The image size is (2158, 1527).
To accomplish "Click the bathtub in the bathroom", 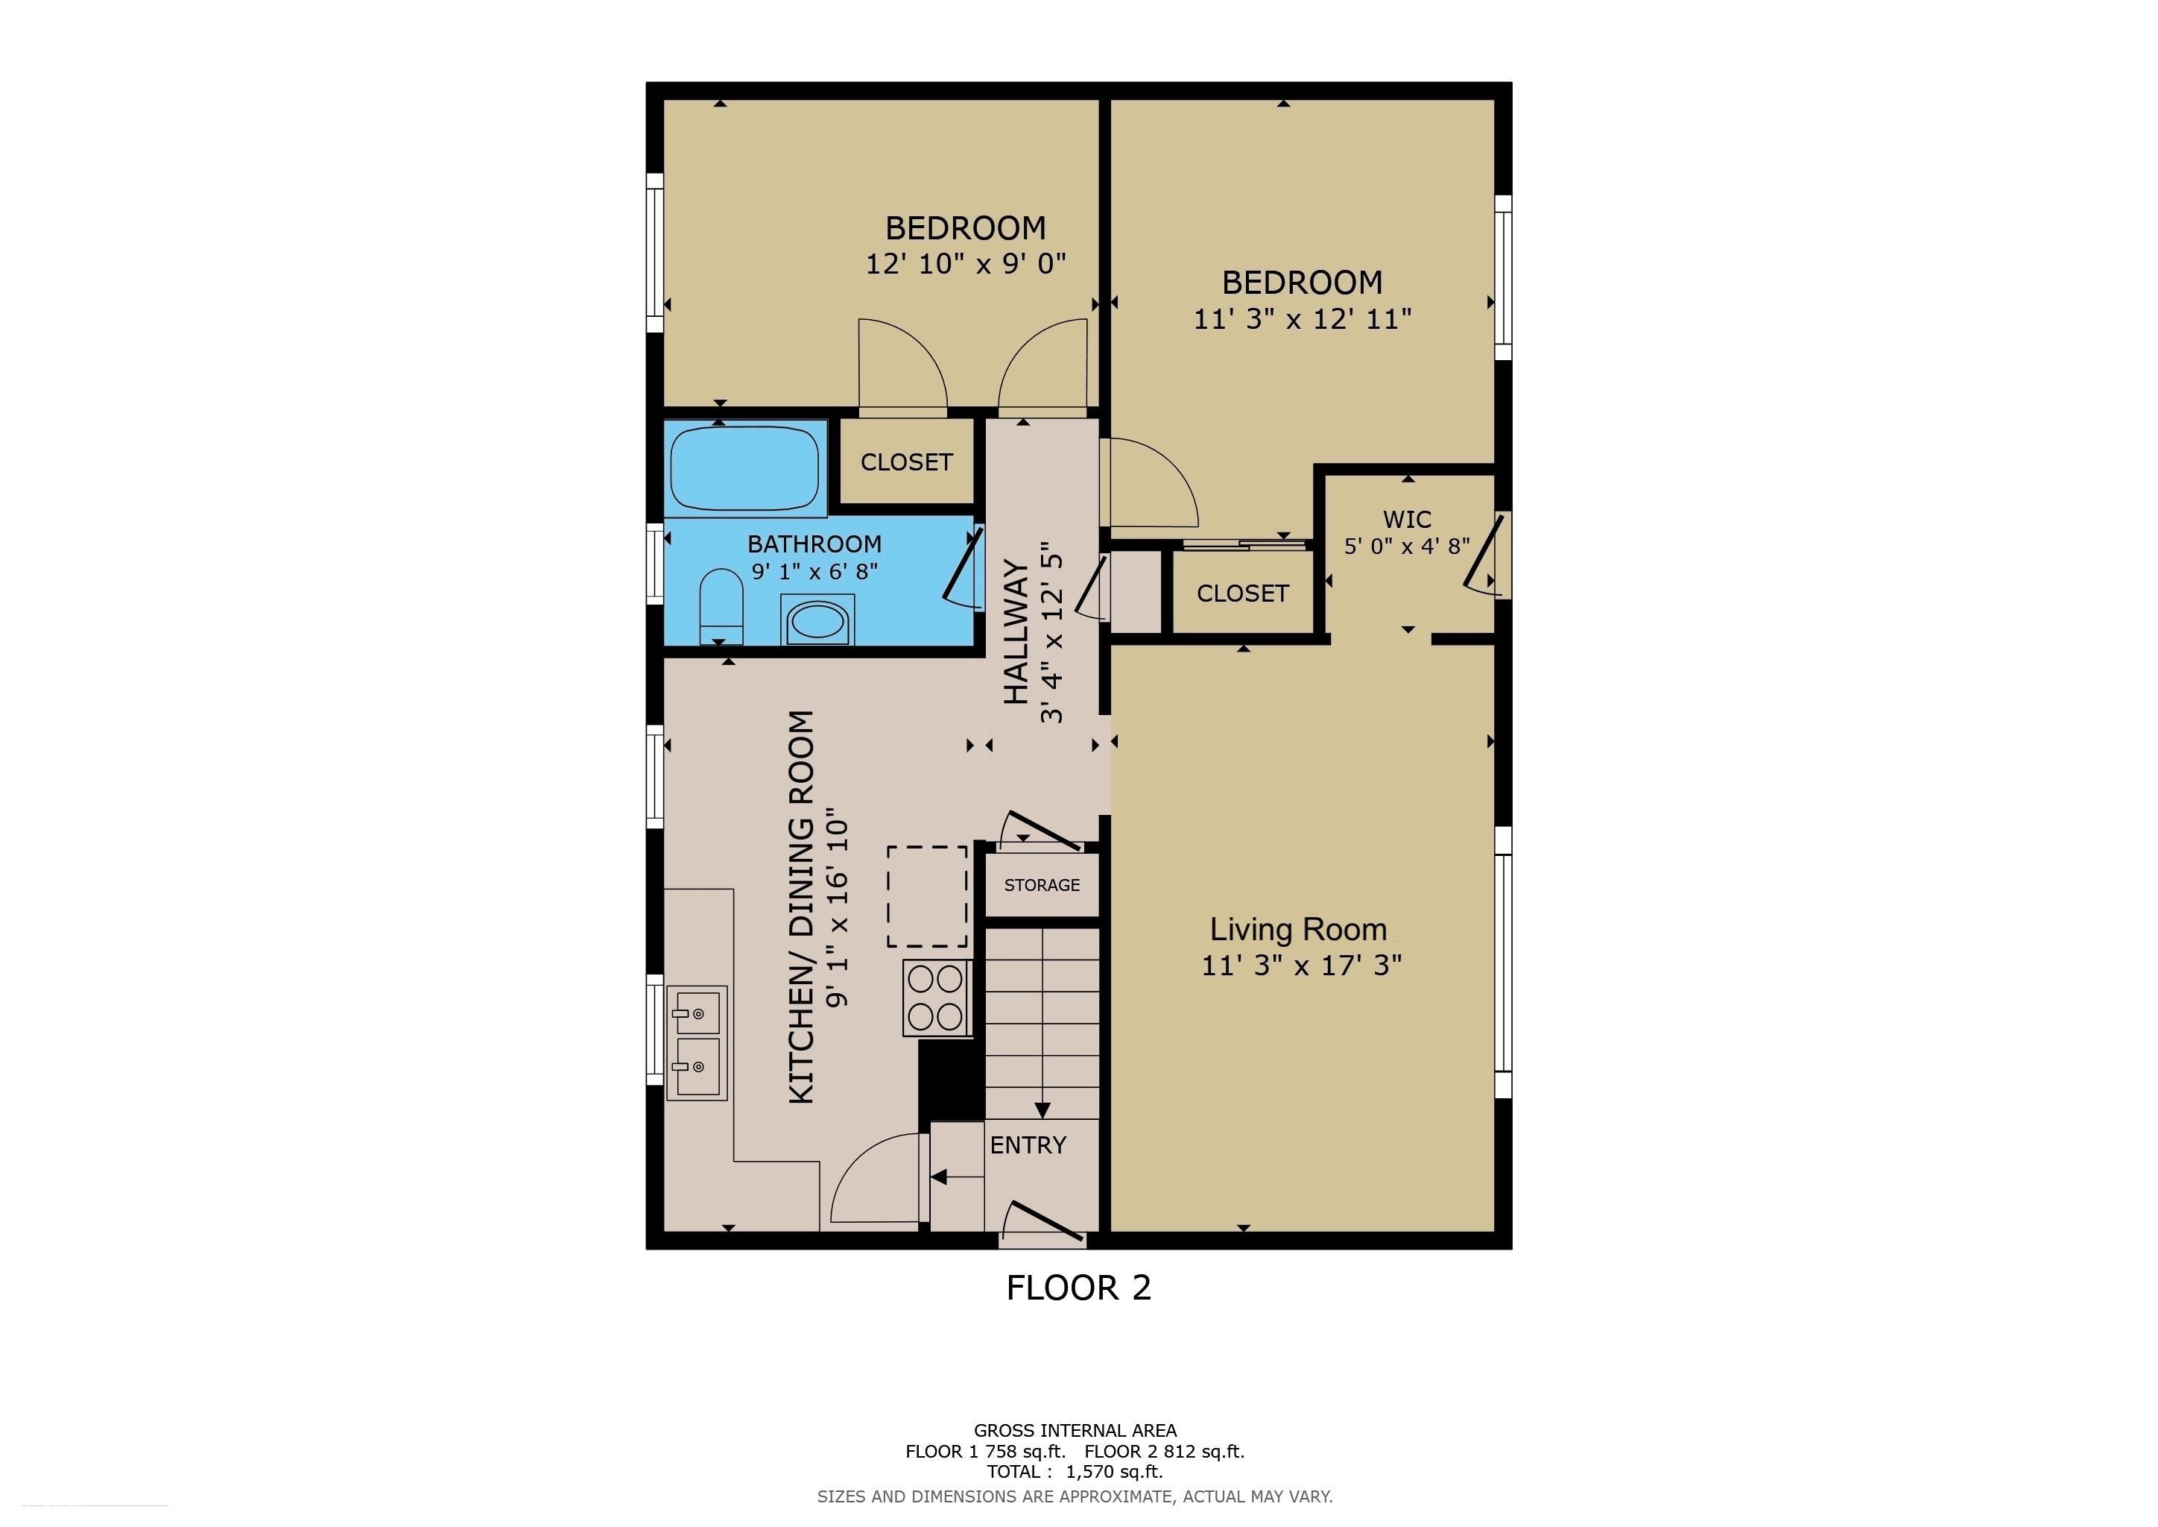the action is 744,468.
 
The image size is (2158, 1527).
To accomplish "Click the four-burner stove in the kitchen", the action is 936,998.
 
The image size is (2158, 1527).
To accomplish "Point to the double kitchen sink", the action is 697,1043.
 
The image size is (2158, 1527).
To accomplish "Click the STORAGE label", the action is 1042,885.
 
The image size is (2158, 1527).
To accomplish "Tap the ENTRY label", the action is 1028,1145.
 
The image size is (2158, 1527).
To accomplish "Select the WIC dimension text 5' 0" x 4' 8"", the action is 1406,547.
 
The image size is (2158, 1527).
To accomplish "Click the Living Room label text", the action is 1298,929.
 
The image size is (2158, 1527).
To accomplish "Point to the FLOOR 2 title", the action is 1078,1287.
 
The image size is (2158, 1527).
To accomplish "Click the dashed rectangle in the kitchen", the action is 928,896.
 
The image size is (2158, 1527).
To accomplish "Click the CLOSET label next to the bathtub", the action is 906,462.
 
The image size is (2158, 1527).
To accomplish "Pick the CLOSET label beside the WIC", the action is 1241,594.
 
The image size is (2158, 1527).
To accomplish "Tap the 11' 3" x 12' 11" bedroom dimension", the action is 1302,319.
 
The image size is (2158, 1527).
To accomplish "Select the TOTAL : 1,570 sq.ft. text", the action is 1075,1472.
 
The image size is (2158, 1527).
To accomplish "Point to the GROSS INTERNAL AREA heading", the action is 1075,1430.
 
